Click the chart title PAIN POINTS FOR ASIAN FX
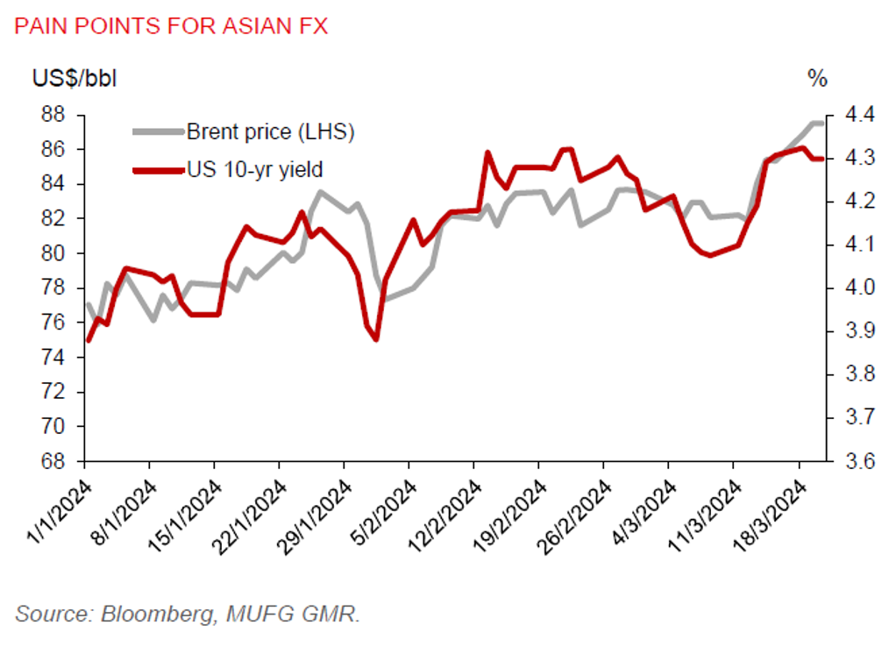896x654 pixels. [x=170, y=25]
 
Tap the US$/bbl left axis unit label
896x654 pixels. [x=74, y=78]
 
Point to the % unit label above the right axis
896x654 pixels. [x=817, y=78]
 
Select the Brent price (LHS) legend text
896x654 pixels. [x=270, y=132]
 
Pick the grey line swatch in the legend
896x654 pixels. [x=158, y=132]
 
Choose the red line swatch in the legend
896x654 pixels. [x=158, y=168]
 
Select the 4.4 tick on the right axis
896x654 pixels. [x=857, y=115]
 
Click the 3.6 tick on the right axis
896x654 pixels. [x=857, y=461]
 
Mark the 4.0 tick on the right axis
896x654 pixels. [x=857, y=288]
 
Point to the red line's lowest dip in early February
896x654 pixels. [x=375, y=339]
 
